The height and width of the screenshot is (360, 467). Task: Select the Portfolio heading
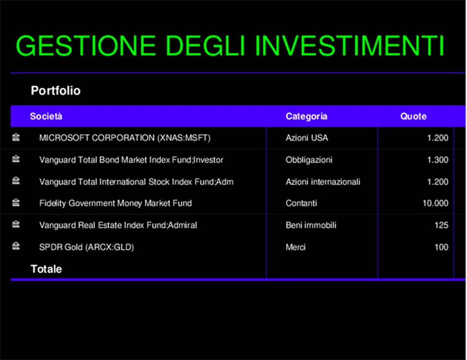click(x=55, y=91)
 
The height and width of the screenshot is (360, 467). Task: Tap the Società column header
click(x=46, y=117)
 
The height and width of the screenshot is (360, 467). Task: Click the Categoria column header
click(x=306, y=117)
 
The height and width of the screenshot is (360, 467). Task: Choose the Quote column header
click(x=413, y=117)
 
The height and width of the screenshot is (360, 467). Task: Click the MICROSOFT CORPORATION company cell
click(x=125, y=138)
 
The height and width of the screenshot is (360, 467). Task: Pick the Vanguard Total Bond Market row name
click(x=131, y=160)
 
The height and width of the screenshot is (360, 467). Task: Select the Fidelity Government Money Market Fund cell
click(x=115, y=203)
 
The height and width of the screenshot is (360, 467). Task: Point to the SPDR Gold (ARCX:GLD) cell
click(x=86, y=247)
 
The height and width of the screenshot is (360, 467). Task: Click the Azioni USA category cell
click(x=306, y=138)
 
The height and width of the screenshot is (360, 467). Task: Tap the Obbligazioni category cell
click(x=309, y=160)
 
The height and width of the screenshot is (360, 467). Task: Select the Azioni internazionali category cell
click(x=323, y=182)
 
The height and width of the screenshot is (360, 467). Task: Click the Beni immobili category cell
click(x=310, y=225)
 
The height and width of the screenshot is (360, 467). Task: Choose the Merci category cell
click(x=295, y=247)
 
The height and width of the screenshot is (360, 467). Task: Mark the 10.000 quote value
click(x=435, y=203)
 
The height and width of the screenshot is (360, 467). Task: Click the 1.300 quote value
click(x=437, y=160)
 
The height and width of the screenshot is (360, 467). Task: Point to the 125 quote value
click(x=441, y=225)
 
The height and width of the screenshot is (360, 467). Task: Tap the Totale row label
click(x=46, y=269)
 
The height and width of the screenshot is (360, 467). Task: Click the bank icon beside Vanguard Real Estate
click(x=16, y=224)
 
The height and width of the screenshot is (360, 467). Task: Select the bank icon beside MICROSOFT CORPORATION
click(x=16, y=137)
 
